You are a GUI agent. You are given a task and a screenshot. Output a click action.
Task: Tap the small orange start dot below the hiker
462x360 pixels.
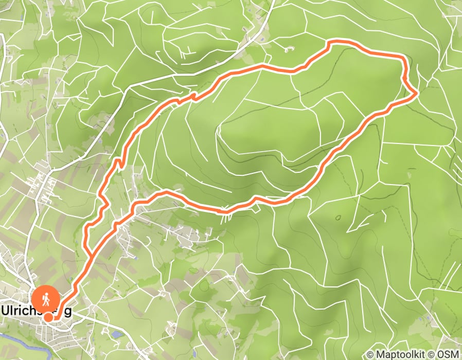48,317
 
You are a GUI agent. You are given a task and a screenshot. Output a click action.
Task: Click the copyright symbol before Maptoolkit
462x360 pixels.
370,354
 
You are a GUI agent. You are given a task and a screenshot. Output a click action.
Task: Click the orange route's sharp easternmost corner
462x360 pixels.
416,94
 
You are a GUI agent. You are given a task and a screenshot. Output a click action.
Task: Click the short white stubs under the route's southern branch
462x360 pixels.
224,216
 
